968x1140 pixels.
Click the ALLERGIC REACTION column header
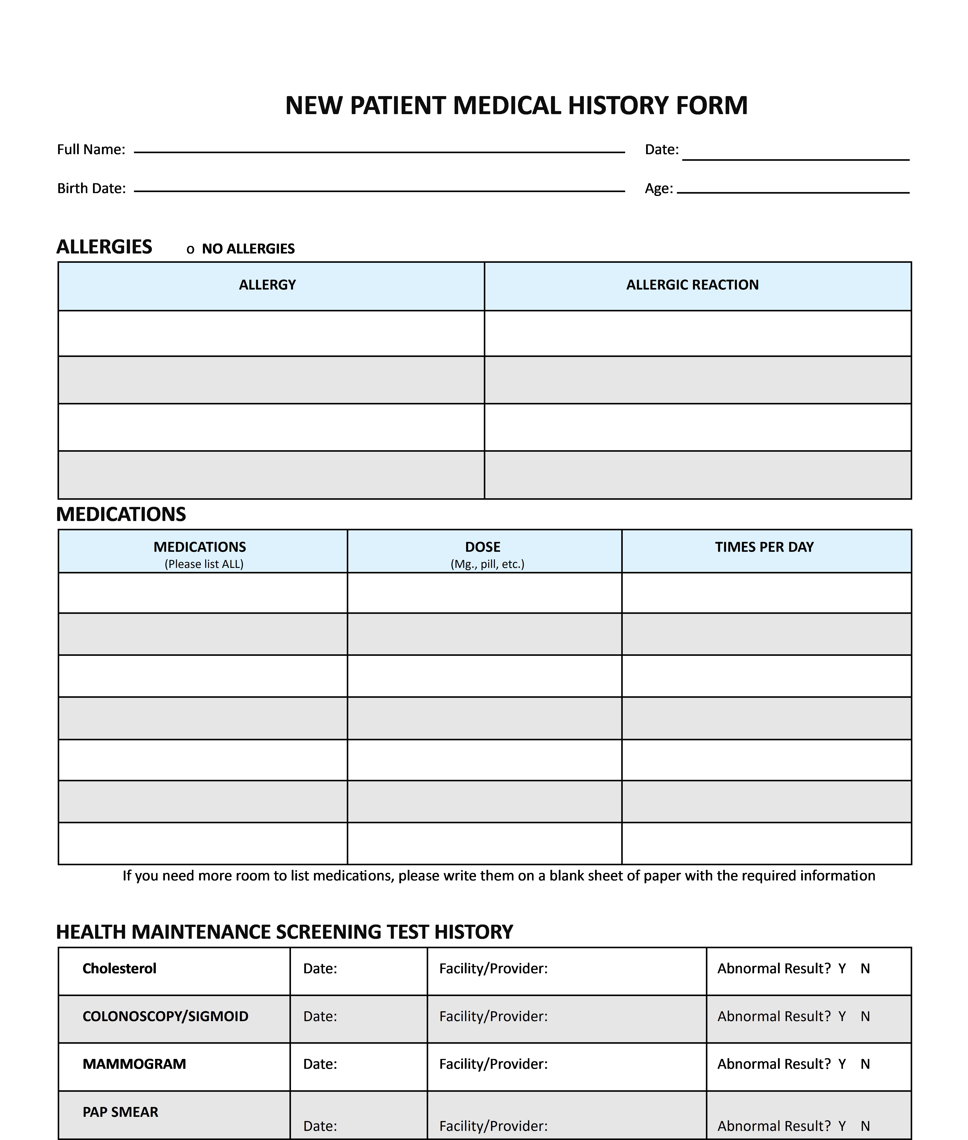693,285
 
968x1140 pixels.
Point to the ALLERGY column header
267,285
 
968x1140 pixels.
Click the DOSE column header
483,547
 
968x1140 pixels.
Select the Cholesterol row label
119,969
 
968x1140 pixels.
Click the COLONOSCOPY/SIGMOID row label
165,1017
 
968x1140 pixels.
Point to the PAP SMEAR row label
120,1112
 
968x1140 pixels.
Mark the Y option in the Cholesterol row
842,969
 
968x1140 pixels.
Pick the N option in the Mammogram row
865,1064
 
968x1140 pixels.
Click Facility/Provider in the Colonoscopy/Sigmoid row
493,1017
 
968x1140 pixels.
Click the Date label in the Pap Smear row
320,1126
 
